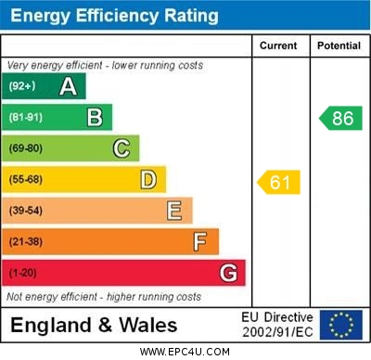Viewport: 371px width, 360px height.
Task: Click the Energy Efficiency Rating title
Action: (x=114, y=16)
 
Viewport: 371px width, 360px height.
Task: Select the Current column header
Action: (x=278, y=45)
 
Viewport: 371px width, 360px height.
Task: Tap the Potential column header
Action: (x=339, y=45)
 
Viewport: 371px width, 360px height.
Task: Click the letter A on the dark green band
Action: (x=68, y=86)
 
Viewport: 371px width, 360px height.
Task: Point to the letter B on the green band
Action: (x=95, y=117)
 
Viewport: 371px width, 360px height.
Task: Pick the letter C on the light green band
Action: (x=122, y=148)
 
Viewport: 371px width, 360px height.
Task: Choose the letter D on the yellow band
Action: (x=148, y=179)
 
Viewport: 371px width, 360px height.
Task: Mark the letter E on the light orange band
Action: (x=174, y=211)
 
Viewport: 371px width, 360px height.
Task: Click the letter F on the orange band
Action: (x=200, y=241)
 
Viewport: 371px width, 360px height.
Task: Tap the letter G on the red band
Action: (x=228, y=273)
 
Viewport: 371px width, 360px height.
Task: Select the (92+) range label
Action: (x=22, y=86)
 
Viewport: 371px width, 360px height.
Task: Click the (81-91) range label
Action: (x=26, y=118)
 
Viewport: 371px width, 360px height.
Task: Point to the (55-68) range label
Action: (x=26, y=180)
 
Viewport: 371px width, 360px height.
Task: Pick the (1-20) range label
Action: (x=23, y=273)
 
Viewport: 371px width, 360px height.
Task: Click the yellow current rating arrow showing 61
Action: (x=279, y=182)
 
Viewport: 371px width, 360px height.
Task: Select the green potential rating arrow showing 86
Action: (x=340, y=118)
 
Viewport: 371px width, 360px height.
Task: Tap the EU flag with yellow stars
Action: (x=340, y=325)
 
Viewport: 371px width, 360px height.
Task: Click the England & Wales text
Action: (x=93, y=325)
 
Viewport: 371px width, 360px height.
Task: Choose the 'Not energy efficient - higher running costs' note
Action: (x=104, y=297)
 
